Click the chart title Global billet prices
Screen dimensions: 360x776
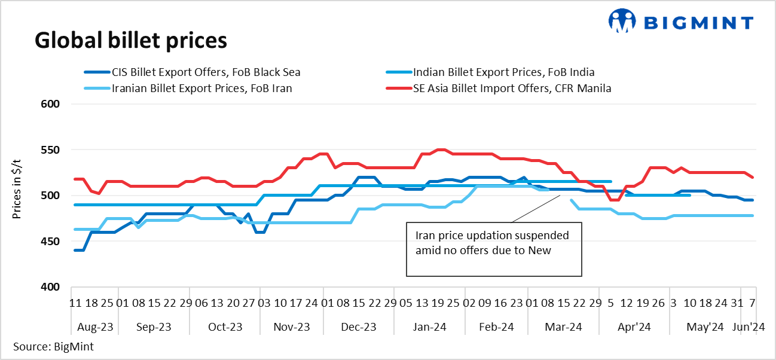(131, 40)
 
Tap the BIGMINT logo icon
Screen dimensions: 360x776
(623, 22)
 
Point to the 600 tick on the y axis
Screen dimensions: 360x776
(53, 104)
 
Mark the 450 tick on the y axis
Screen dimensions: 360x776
(53, 241)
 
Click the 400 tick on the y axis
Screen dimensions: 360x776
(53, 287)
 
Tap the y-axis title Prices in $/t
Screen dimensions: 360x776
(17, 196)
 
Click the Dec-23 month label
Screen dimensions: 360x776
(359, 327)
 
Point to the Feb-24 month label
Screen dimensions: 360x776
(497, 327)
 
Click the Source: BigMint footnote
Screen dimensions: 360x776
(53, 346)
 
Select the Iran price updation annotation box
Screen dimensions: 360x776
(494, 249)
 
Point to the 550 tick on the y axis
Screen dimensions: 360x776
(53, 150)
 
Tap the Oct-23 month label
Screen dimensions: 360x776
(225, 327)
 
